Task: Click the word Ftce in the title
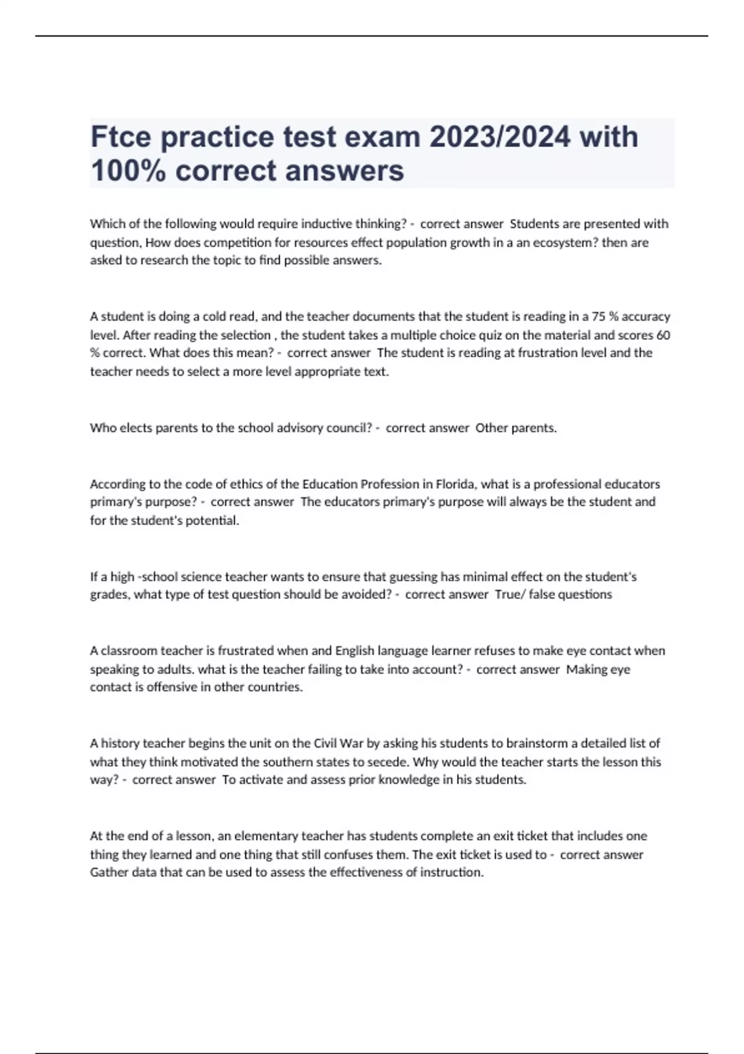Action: click(x=121, y=137)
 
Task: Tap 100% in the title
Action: click(x=128, y=170)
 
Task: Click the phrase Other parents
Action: click(x=516, y=428)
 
